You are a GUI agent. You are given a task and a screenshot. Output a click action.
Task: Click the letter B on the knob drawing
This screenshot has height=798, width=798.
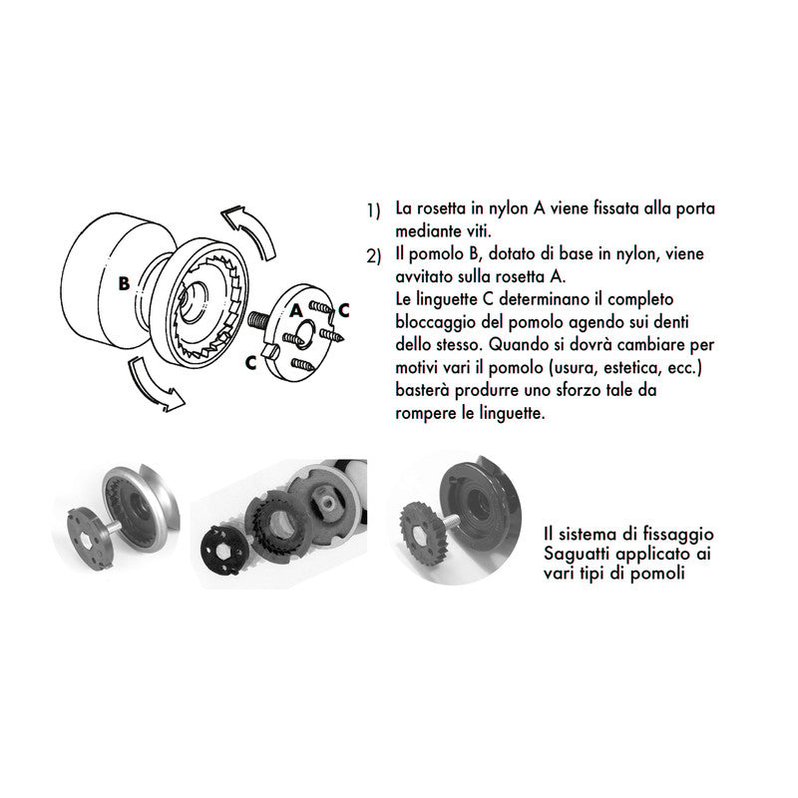(123, 283)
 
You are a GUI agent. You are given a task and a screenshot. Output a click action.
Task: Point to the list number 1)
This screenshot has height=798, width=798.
(373, 211)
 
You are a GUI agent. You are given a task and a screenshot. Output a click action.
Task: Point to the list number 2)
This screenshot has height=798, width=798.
(373, 257)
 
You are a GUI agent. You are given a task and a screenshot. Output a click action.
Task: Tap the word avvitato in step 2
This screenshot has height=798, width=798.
(425, 277)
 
